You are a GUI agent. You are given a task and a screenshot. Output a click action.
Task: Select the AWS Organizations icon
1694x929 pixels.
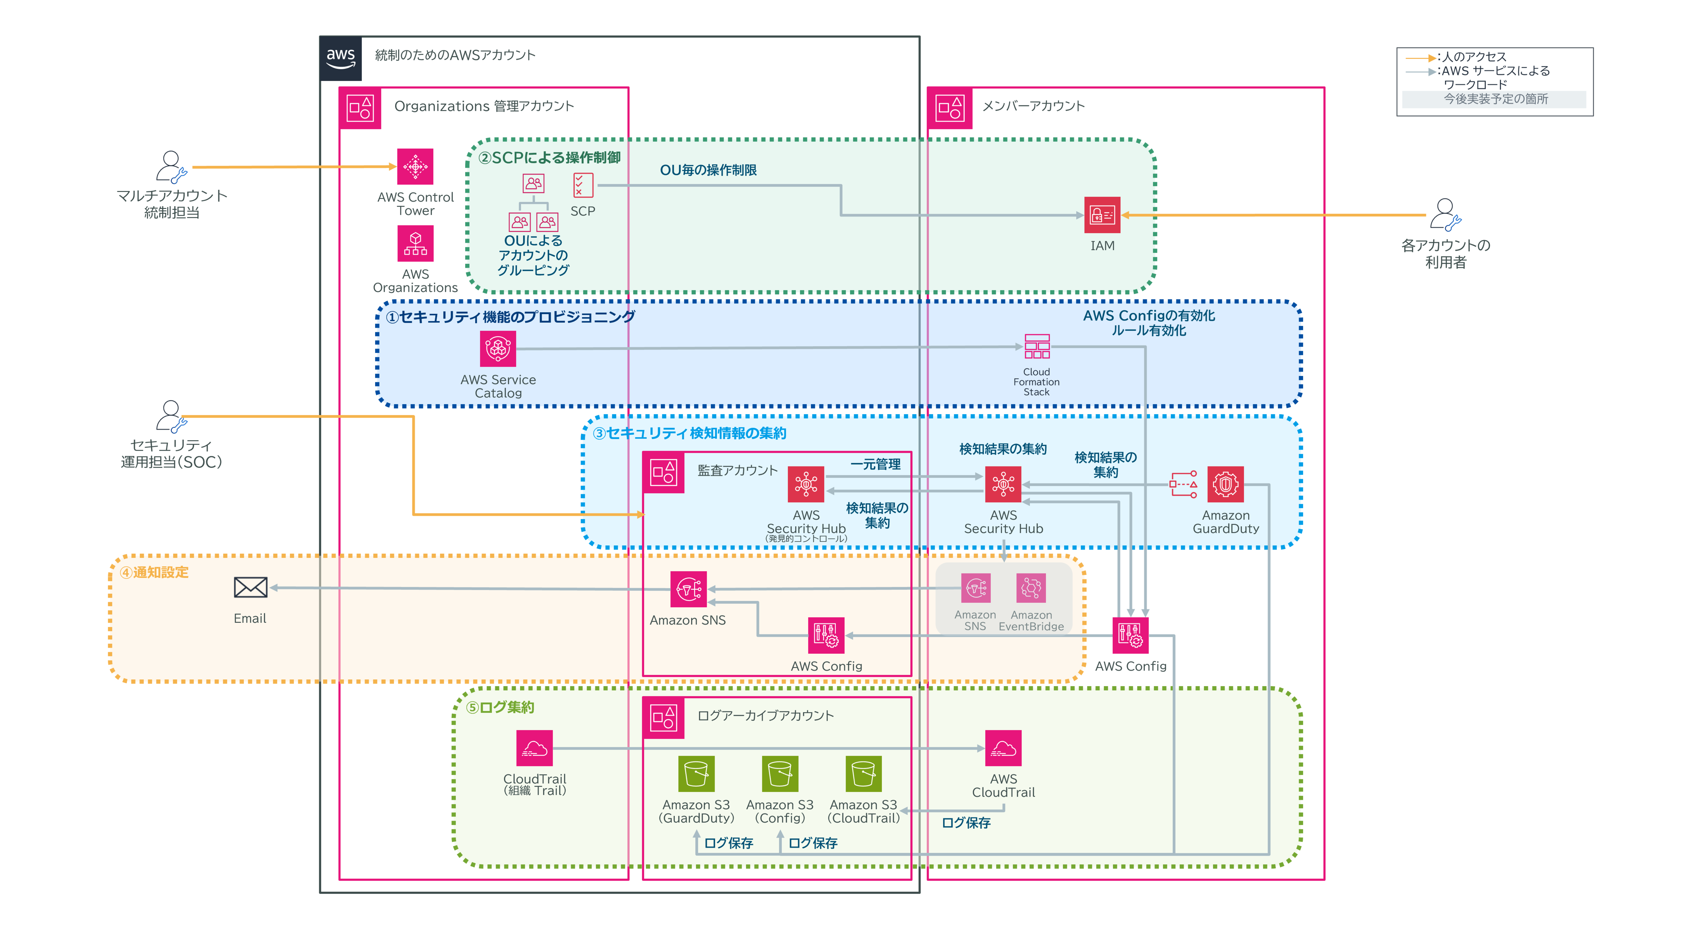click(x=415, y=243)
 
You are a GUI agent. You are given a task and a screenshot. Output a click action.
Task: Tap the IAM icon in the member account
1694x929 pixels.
click(x=1102, y=215)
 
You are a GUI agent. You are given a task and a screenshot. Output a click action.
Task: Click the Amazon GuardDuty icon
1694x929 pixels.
click(x=1225, y=485)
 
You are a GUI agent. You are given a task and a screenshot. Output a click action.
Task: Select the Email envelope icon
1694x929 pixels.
click(x=251, y=587)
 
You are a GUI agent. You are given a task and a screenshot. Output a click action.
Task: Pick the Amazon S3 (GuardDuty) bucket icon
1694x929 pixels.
click(x=696, y=774)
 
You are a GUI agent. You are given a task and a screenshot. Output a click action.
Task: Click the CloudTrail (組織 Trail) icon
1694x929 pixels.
click(x=534, y=748)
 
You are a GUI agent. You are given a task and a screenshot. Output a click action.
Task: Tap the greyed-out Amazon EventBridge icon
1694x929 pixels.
click(x=1031, y=588)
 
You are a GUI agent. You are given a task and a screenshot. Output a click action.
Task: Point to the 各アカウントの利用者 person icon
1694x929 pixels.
click(x=1445, y=214)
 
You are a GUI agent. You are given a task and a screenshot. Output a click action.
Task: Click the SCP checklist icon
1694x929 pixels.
click(x=583, y=185)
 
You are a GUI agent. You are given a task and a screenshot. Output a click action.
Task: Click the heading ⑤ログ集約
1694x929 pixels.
click(x=500, y=708)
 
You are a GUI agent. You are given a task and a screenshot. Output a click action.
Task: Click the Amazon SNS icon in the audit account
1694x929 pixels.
click(x=688, y=589)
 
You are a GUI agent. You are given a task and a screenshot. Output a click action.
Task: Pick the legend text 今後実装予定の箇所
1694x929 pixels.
click(x=1495, y=99)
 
